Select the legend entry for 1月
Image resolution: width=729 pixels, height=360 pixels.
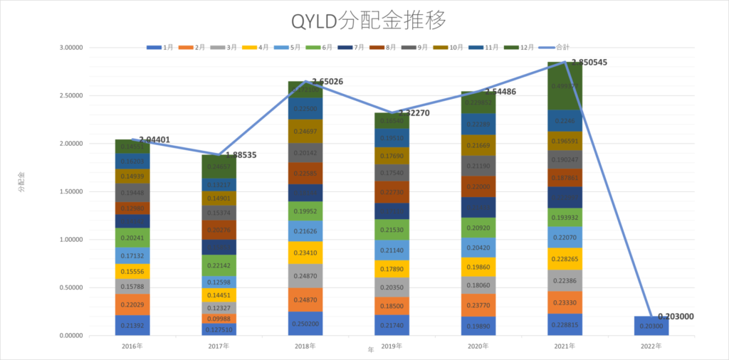pos(161,48)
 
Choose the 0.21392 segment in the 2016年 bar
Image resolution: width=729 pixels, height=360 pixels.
pos(132,325)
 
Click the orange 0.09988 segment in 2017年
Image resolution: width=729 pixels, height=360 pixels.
pos(219,319)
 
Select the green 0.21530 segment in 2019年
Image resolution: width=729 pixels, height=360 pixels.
pos(392,230)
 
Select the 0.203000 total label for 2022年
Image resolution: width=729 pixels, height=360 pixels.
pos(676,317)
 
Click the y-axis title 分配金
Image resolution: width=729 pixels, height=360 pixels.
pos(21,181)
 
